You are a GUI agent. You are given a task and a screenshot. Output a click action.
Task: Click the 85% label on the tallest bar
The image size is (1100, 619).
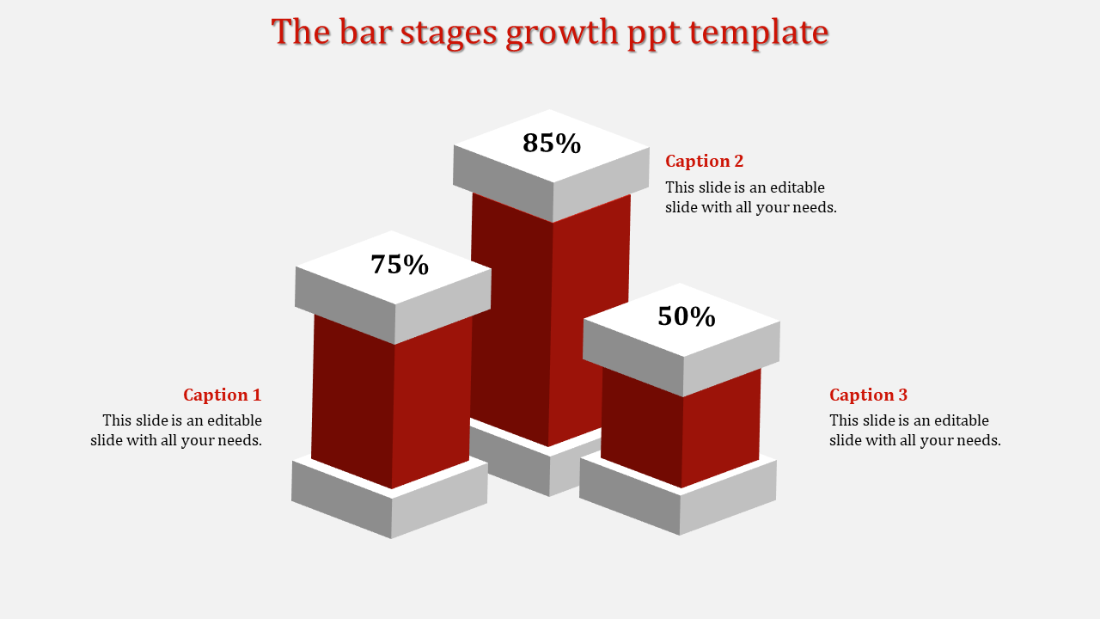[552, 143]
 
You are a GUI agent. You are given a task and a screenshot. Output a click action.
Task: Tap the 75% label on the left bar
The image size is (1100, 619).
[400, 265]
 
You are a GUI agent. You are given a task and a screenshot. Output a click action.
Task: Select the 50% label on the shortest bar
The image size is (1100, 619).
[687, 316]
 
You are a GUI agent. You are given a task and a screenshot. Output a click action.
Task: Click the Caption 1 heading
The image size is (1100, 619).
[222, 395]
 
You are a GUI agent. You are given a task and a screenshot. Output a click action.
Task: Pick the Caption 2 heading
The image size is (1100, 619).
[705, 161]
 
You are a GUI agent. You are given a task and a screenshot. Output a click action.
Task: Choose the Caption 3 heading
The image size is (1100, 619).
[868, 395]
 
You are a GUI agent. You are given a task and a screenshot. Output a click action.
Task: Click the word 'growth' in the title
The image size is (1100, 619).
[562, 33]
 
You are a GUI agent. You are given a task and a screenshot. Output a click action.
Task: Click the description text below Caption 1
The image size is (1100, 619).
[177, 430]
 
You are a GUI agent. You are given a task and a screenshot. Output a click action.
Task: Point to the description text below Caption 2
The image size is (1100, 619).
[750, 197]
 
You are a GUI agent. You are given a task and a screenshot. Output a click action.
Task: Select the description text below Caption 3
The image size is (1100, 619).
[914, 430]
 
